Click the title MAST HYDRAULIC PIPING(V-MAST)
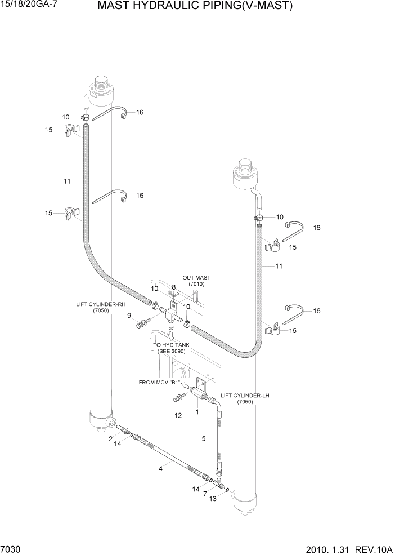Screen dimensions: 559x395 (195, 7)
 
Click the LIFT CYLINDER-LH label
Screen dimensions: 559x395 (245, 398)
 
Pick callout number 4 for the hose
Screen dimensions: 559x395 (161, 467)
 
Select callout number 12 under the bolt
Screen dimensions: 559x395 (178, 415)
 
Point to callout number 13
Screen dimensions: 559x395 (212, 499)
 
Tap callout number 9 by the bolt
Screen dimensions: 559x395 (129, 315)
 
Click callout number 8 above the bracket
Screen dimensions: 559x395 (174, 287)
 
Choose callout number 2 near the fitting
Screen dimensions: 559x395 (111, 438)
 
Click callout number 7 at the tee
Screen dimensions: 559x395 (205, 494)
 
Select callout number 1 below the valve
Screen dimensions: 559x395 (197, 412)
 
